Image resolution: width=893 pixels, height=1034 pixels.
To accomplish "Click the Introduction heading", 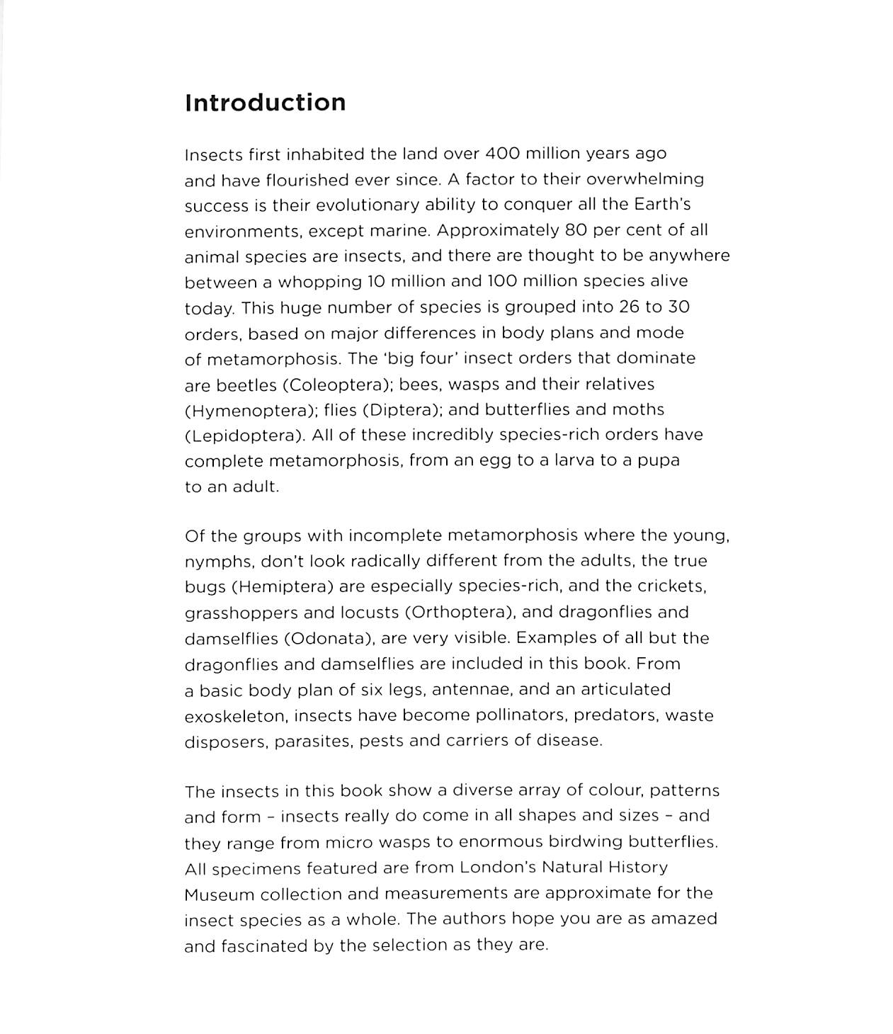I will (x=265, y=103).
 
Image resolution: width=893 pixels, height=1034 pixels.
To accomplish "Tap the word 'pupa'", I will (x=659, y=461).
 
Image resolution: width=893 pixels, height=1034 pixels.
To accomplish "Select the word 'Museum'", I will (x=219, y=894).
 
